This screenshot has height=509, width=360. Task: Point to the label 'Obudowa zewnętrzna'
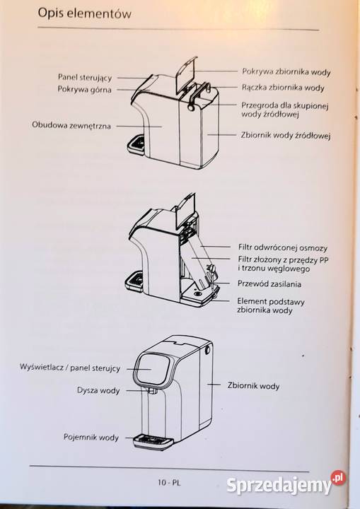[71, 125]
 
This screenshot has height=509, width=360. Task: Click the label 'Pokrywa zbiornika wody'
[286, 71]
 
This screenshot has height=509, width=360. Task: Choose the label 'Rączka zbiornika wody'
[283, 88]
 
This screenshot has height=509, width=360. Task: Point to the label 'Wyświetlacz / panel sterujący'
[70, 369]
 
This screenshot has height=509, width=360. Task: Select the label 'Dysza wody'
[98, 390]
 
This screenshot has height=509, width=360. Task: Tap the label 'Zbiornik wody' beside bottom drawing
[253, 386]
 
